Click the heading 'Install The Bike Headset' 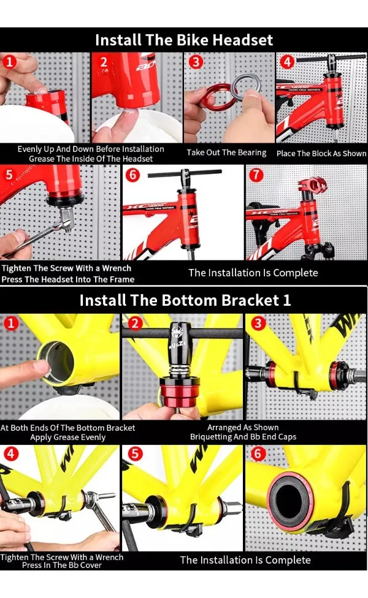(184, 40)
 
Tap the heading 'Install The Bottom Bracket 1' (185, 300)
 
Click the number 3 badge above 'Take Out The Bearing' (196, 62)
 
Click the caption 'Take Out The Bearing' (226, 153)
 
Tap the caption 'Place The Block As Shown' (321, 153)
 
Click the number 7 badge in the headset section (256, 175)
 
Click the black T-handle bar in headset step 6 (185, 173)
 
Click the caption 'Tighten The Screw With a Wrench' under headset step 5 (66, 268)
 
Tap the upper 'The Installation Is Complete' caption (253, 273)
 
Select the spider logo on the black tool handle (177, 331)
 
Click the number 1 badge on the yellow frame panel (10, 324)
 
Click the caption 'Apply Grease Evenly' (68, 437)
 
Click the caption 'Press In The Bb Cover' (62, 565)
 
